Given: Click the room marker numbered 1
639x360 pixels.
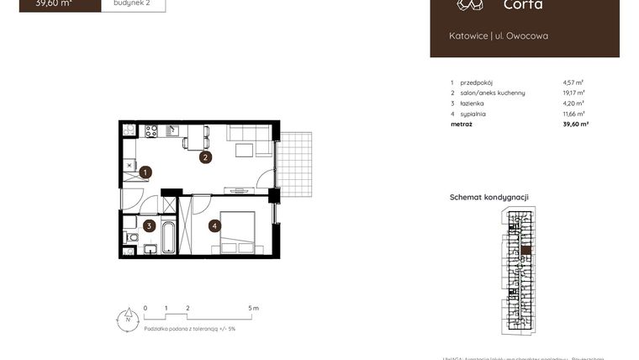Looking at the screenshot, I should (145, 172).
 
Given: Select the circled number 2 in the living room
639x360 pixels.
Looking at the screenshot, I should (205, 156).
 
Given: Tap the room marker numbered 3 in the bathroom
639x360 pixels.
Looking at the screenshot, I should (149, 225).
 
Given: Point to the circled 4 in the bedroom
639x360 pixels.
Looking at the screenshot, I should (215, 225).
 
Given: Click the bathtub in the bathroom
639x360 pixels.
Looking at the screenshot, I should (168, 237).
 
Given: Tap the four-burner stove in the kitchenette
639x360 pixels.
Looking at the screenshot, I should (151, 130).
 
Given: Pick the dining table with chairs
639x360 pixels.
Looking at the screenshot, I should (196, 136).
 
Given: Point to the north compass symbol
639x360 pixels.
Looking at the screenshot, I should (127, 318).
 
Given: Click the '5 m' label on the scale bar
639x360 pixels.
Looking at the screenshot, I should (254, 309).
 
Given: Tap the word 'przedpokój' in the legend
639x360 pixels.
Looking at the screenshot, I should (477, 82).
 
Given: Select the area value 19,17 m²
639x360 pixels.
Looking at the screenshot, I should (573, 93).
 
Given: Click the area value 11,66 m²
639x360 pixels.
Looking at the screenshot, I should (573, 114).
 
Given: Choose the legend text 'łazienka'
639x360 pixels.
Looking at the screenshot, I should (473, 103).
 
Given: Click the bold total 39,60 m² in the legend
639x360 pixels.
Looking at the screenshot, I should (575, 124).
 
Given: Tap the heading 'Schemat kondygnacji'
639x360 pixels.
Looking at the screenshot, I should (488, 197).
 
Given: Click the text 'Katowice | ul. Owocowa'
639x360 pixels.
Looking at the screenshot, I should (499, 35).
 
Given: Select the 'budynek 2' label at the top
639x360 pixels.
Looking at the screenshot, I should (131, 3).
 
